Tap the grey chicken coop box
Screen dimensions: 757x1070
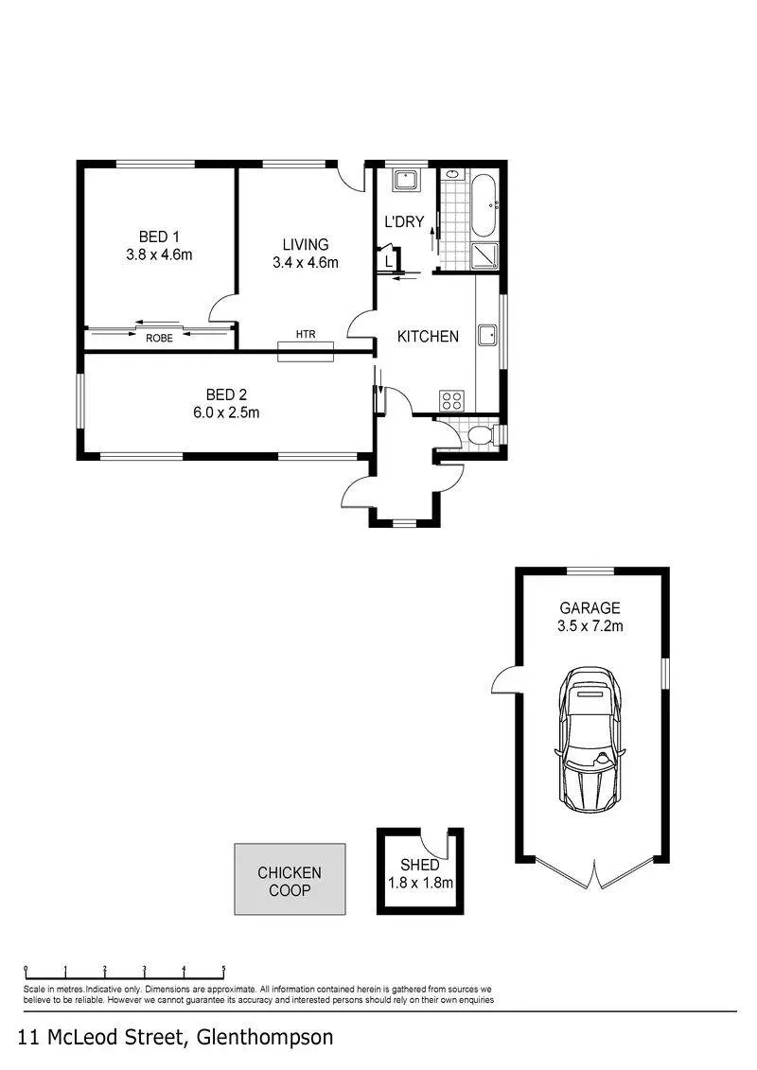click(x=290, y=879)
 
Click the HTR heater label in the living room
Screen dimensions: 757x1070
click(x=306, y=334)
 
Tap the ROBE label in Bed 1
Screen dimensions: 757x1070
click(x=159, y=339)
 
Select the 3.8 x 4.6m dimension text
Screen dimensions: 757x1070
click(x=159, y=254)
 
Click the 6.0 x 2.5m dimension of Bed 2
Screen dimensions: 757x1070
click(x=226, y=412)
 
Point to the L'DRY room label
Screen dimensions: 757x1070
click(x=404, y=221)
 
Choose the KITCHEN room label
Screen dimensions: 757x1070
click(x=428, y=337)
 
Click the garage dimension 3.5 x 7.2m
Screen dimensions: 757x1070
click(x=590, y=625)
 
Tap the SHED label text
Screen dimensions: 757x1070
click(x=420, y=866)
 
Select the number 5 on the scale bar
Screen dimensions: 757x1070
click(x=224, y=969)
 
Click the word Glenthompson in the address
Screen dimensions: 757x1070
click(x=265, y=1037)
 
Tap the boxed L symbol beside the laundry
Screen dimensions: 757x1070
click(x=388, y=260)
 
